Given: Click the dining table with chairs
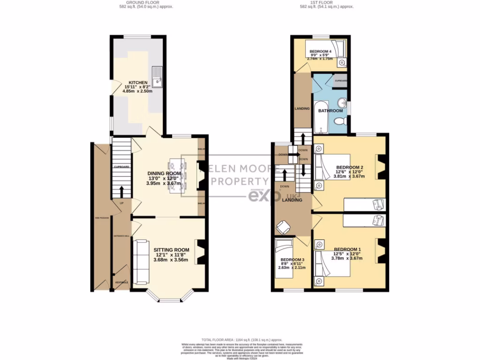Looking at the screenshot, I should tap(177, 176).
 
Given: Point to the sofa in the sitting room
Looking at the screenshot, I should tap(140, 262).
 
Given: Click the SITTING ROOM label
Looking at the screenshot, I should tap(171, 250).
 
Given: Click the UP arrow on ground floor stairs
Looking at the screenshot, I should tap(122, 191).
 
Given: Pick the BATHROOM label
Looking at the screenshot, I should tap(331, 111).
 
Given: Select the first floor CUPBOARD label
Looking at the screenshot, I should tap(341, 81).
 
